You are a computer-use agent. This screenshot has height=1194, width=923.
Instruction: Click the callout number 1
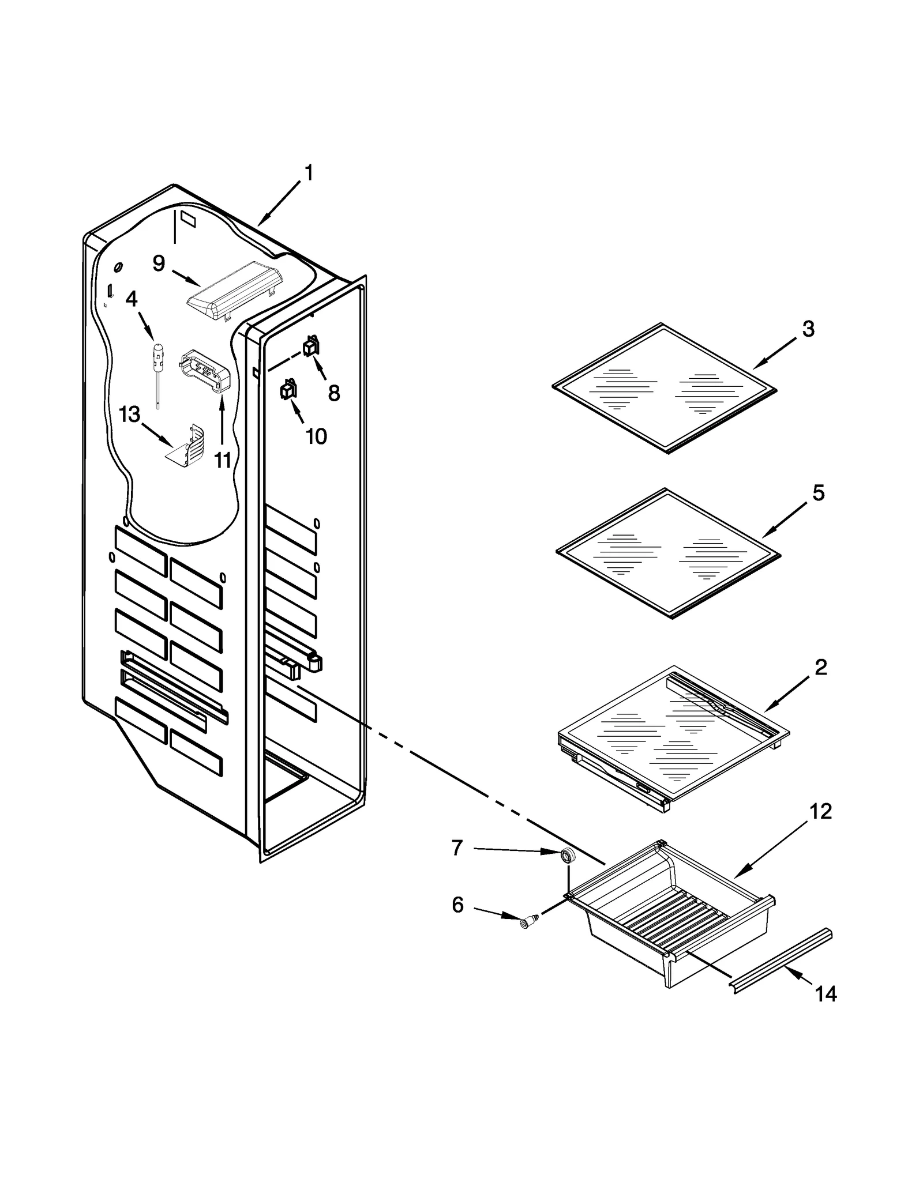point(309,172)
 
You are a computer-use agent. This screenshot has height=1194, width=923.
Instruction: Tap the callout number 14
point(826,993)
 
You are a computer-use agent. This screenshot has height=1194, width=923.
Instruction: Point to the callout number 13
point(129,413)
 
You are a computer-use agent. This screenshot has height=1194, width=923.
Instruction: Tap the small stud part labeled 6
point(527,924)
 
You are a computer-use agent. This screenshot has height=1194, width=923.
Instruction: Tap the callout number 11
point(223,460)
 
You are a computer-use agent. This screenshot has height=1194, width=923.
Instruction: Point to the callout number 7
point(457,848)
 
